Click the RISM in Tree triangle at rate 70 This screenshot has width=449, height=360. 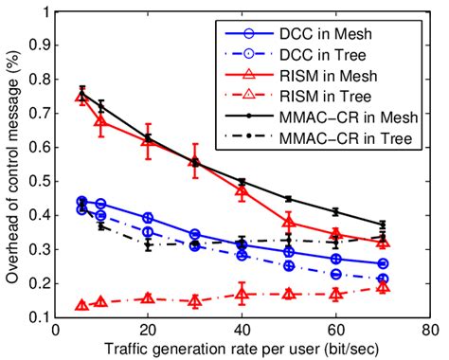point(382,285)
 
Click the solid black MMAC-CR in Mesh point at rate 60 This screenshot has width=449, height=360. point(334,211)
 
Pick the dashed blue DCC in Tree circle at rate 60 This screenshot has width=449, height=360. point(334,274)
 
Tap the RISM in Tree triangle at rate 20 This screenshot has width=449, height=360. point(148,297)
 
